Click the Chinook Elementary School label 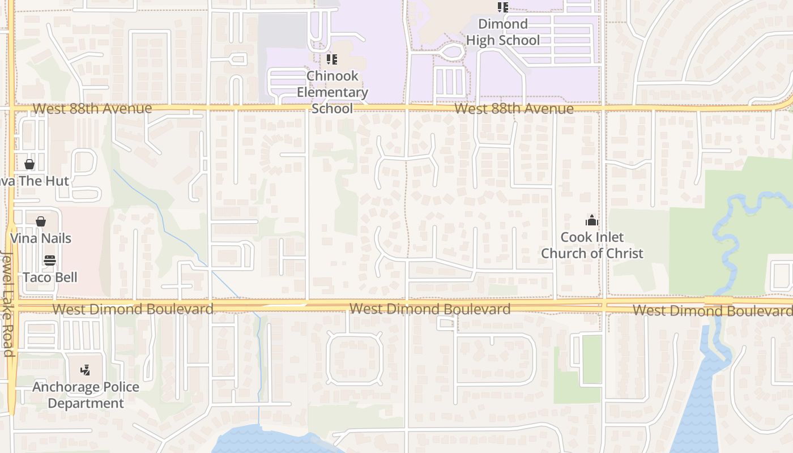coord(332,92)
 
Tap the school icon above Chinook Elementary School coord(332,59)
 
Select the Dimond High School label coord(503,32)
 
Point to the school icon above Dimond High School coord(503,7)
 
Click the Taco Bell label coord(50,277)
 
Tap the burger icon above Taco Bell coord(50,260)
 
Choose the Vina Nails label coord(41,238)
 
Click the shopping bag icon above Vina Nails coord(41,221)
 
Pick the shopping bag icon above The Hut coord(29,164)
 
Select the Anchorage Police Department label coord(86,395)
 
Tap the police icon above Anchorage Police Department coord(85,370)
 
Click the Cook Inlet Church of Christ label coord(592,245)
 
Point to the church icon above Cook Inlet coord(592,220)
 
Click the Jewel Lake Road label coord(8,303)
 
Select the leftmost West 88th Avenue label coord(92,108)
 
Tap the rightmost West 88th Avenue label coord(514,109)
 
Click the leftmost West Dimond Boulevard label coord(133,309)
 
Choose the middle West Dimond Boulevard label coord(430,309)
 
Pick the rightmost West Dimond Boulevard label coord(712,310)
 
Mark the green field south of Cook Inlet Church coord(592,359)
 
